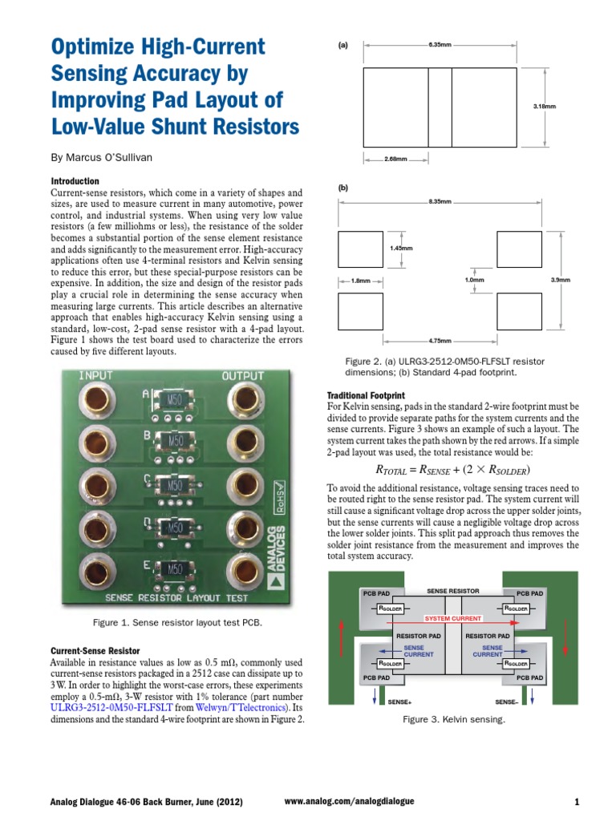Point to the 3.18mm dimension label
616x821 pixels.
click(x=545, y=106)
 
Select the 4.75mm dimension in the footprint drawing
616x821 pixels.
click(x=440, y=340)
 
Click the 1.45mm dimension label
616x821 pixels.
click(x=401, y=249)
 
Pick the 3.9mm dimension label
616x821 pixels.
click(x=561, y=280)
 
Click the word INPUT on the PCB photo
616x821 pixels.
click(x=95, y=376)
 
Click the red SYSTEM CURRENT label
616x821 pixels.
click(x=453, y=619)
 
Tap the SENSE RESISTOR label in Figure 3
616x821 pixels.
click(x=453, y=591)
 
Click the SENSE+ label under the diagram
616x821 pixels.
click(x=399, y=702)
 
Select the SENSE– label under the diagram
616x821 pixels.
click(x=506, y=702)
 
